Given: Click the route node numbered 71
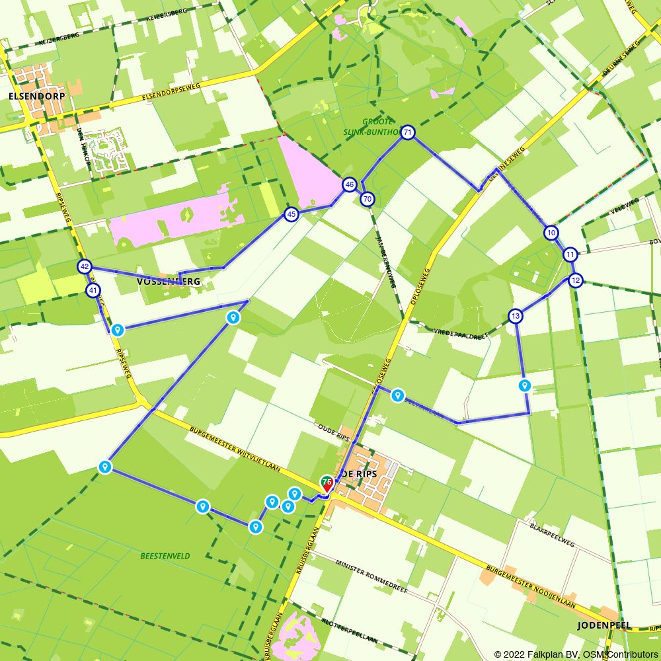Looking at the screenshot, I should tap(408, 133).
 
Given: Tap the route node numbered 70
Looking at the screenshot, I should tap(368, 199).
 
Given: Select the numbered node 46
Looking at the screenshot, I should tap(350, 184).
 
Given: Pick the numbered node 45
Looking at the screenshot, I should tap(291, 214).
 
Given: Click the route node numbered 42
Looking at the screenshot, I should tap(84, 267).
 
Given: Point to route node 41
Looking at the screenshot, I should tap(93, 290).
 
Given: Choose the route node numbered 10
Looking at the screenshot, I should tap(551, 233).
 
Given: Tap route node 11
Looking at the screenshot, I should tap(570, 254).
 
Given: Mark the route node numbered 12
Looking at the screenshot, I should tap(576, 280).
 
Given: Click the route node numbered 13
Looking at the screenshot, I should tap(516, 316).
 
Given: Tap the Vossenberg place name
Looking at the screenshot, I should tap(168, 282).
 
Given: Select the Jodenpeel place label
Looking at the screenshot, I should tap(604, 625).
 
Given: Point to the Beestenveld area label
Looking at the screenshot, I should tap(165, 557).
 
